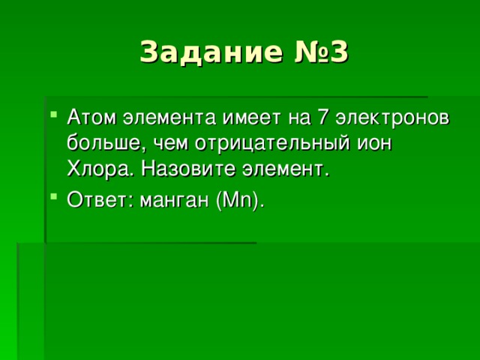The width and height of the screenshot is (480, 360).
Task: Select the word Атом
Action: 88,118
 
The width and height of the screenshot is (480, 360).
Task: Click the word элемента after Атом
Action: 155,118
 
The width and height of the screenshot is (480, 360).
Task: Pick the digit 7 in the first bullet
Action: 321,118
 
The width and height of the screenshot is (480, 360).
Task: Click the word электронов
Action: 392,118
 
